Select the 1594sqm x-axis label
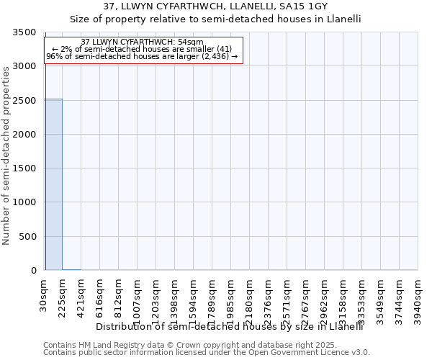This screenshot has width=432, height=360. pyautogui.click(x=194, y=300)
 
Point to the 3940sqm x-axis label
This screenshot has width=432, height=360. pyautogui.click(x=418, y=300)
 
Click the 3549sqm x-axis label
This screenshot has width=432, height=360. pyautogui.click(x=380, y=300)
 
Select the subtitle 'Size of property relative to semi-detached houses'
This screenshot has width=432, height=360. pyautogui.click(x=215, y=19)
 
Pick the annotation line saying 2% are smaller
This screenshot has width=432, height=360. pyautogui.click(x=142, y=49)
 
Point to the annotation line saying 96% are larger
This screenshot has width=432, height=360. pyautogui.click(x=142, y=56)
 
